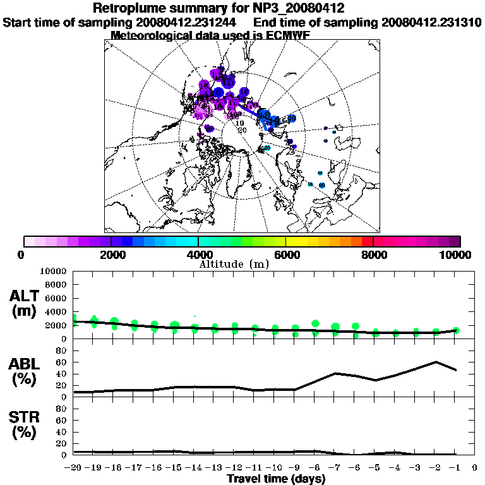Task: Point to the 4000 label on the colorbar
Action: coord(198,254)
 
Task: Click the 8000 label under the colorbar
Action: coord(373,254)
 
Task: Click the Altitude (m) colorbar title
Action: coord(233,263)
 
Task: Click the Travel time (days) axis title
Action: coord(276,479)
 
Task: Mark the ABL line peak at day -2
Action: coord(436,362)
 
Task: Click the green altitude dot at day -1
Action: coord(455,330)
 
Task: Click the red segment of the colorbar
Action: coord(367,241)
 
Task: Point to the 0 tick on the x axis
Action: coord(475,468)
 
